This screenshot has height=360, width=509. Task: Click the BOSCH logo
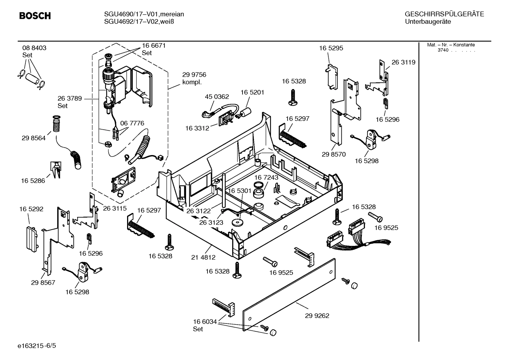point(35,16)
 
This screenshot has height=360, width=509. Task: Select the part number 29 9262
point(317,315)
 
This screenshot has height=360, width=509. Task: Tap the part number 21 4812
point(203,258)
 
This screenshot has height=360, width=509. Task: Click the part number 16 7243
point(266,177)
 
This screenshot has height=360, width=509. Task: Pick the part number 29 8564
point(34,138)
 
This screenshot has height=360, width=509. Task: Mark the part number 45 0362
point(217,96)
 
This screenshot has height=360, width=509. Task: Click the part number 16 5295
point(331,48)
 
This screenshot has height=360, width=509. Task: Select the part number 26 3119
point(403,62)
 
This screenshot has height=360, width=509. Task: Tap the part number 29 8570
point(334,154)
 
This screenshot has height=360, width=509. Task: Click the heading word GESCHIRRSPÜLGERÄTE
point(444,14)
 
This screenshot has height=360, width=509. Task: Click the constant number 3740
point(443,50)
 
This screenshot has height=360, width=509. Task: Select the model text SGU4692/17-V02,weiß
point(139,22)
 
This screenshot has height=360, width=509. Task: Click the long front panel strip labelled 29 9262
point(289,295)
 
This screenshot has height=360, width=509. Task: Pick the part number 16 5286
point(33,181)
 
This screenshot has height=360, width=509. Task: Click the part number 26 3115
point(115,208)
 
